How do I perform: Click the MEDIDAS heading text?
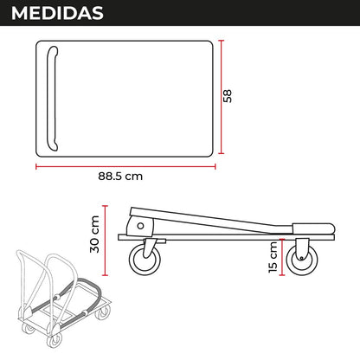pyautogui.click(x=57, y=13)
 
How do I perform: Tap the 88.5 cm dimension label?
pyautogui.click(x=120, y=176)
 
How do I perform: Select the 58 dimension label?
pyautogui.click(x=228, y=96)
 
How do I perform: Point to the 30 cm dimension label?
pyautogui.click(x=94, y=235)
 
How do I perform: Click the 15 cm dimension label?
pyautogui.click(x=273, y=257)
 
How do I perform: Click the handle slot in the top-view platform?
pyautogui.click(x=52, y=99)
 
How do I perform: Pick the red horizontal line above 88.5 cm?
pyautogui.click(x=125, y=166)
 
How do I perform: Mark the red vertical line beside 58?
pyautogui.click(x=222, y=97)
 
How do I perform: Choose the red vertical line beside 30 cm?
pyautogui.click(x=106, y=241)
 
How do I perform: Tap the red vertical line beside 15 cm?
pyautogui.click(x=282, y=257)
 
